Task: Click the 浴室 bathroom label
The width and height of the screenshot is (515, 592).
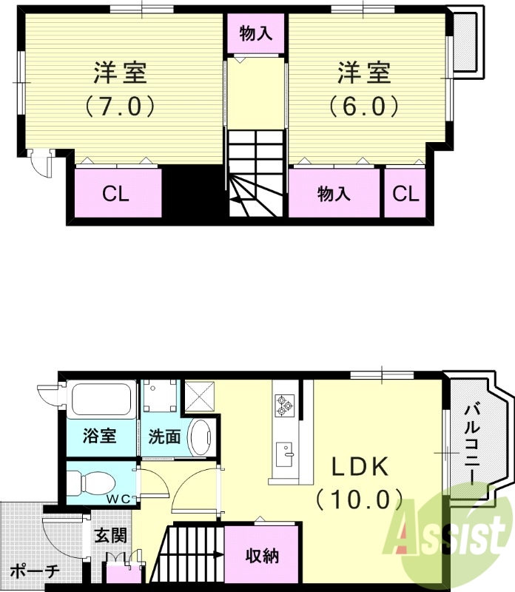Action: [98, 436]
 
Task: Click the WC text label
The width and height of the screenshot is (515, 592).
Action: [121, 498]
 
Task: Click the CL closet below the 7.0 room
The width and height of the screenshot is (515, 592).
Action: [116, 194]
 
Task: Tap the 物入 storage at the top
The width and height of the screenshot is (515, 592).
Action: [255, 33]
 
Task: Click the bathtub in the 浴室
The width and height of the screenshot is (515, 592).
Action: [101, 400]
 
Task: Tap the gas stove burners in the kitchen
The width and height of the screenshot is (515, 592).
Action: [284, 404]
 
